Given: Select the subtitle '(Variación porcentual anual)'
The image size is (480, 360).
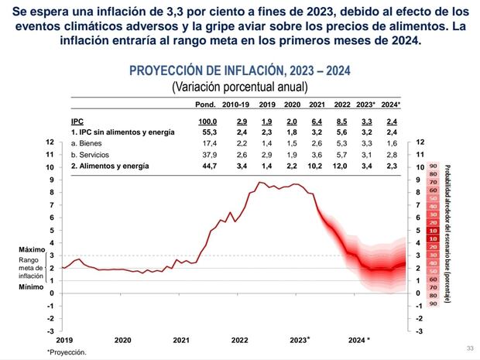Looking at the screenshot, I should click(x=239, y=86).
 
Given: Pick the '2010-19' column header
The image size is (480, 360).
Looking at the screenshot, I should click(x=235, y=104).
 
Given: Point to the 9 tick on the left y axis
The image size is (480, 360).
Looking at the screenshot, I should click(x=50, y=180).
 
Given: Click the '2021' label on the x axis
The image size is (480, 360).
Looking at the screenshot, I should click(x=180, y=340).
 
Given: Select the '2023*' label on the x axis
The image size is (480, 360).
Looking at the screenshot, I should click(x=298, y=339).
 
